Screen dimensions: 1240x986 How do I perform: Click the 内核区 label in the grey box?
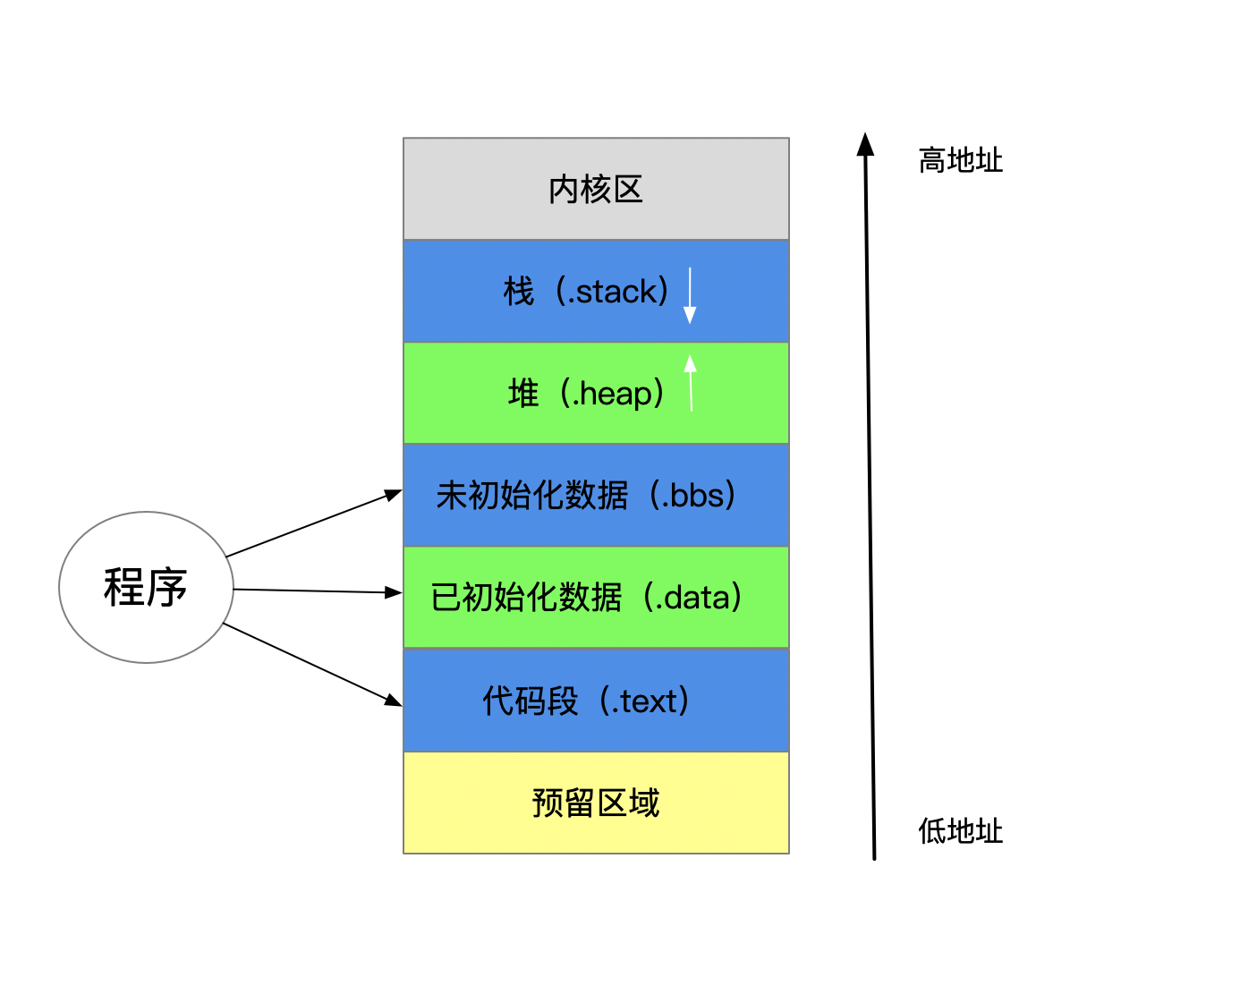click(595, 190)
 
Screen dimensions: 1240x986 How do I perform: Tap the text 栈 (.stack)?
click(586, 291)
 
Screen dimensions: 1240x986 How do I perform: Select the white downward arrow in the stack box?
click(690, 295)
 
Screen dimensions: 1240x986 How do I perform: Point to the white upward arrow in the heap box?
click(691, 383)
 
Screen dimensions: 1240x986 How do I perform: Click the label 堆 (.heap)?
click(586, 394)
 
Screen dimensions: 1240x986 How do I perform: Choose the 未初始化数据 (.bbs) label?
click(586, 495)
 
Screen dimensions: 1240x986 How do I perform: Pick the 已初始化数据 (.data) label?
click(586, 597)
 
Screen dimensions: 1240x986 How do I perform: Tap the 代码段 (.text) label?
click(586, 701)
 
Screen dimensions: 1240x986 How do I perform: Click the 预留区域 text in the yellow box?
click(595, 803)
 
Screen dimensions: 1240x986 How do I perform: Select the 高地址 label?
click(961, 160)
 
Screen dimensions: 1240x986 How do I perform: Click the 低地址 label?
click(961, 831)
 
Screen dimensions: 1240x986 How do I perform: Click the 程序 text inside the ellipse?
click(146, 587)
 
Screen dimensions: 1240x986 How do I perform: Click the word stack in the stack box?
click(616, 292)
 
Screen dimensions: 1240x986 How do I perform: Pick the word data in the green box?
click(697, 598)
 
